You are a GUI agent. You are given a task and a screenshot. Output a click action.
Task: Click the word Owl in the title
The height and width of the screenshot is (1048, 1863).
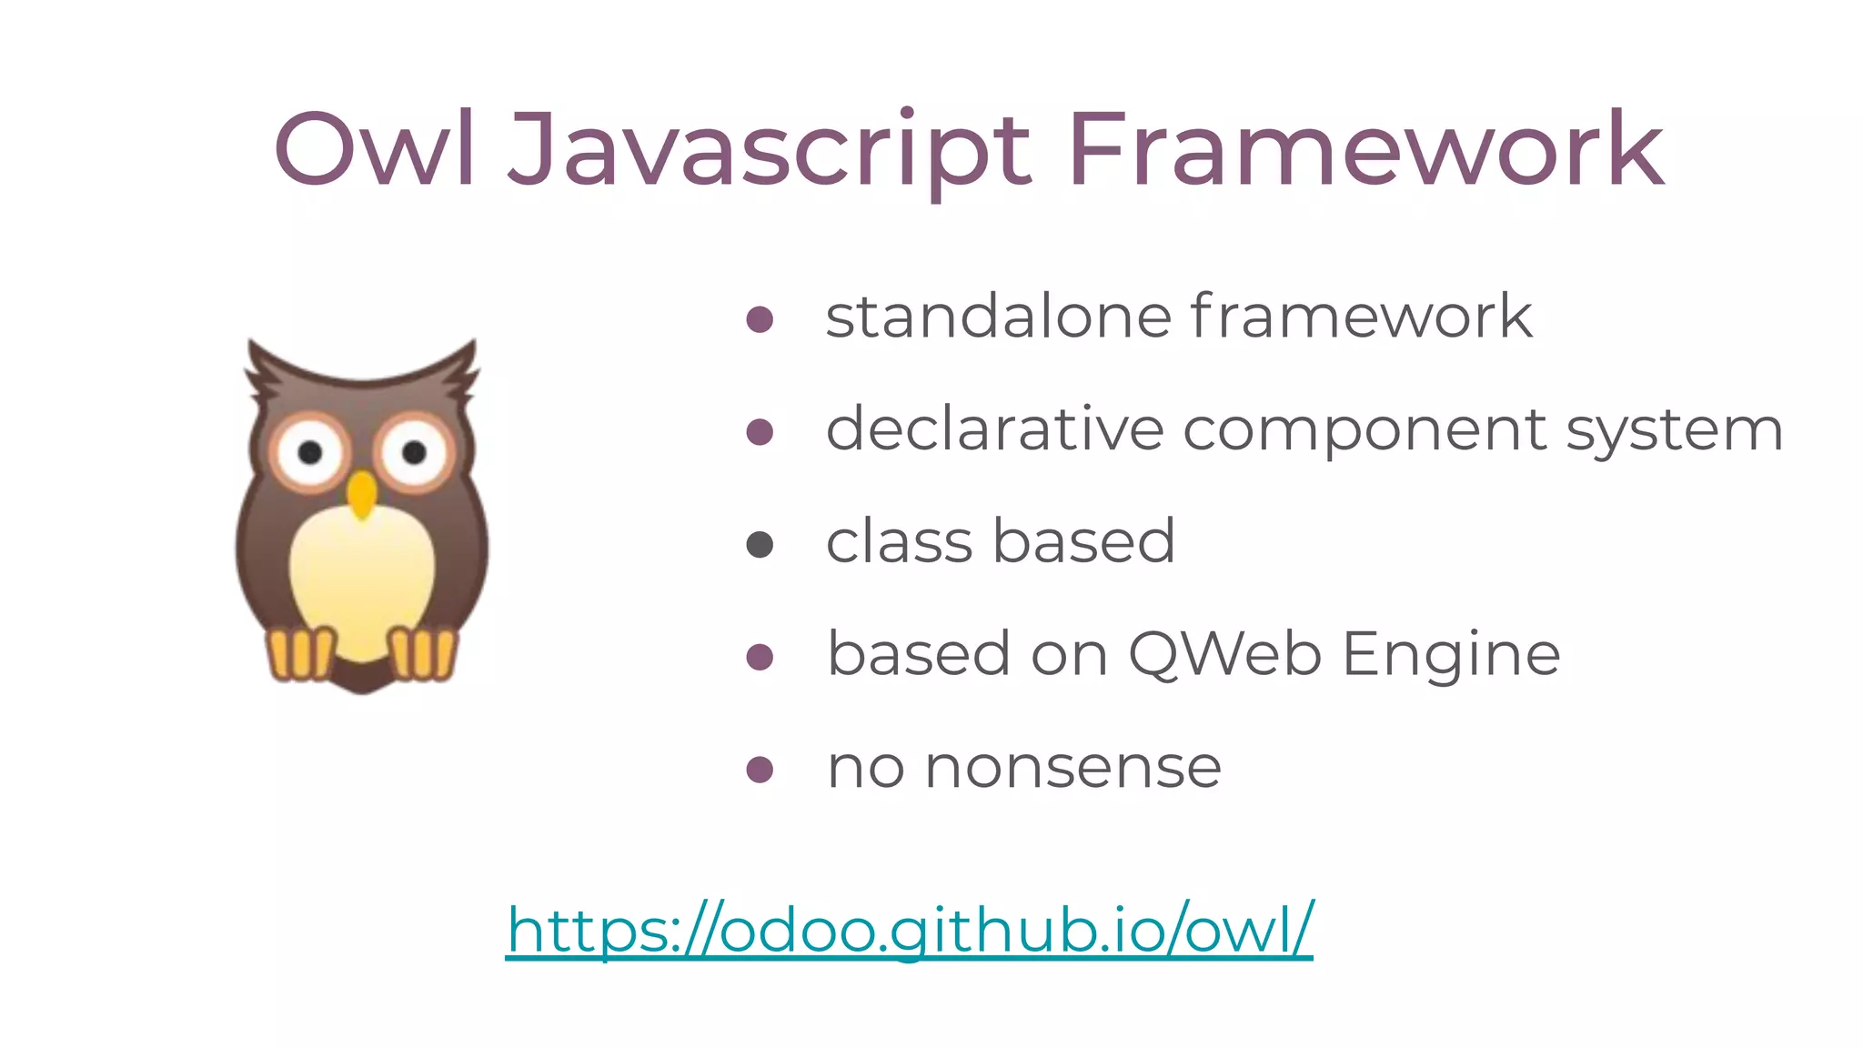(374, 149)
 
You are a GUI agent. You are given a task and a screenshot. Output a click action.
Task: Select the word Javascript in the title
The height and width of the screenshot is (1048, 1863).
(770, 151)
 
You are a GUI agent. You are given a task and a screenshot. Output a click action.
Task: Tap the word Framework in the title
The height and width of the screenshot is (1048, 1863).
(1365, 149)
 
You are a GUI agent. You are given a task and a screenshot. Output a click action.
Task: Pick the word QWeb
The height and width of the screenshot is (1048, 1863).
(1224, 654)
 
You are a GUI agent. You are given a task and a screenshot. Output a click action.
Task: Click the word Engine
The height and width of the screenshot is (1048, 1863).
(1451, 656)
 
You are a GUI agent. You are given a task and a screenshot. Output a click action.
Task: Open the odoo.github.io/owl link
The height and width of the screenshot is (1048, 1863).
(910, 930)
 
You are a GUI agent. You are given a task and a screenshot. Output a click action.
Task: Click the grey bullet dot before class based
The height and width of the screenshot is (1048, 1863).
(760, 545)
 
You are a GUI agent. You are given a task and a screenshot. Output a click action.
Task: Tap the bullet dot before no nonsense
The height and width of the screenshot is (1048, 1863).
(760, 770)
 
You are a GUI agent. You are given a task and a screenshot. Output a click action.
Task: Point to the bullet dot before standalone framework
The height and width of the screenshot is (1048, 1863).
(760, 319)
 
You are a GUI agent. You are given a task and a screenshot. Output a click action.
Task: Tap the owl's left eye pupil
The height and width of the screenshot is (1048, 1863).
(310, 452)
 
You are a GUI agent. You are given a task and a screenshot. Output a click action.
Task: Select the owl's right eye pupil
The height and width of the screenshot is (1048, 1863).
(414, 452)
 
